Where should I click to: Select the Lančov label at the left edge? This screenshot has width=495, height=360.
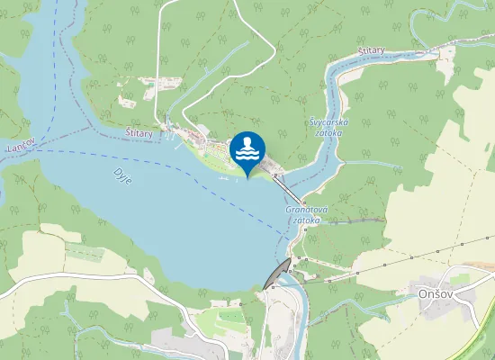(x=19, y=146)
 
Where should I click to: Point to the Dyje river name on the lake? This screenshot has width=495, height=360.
(x=122, y=175)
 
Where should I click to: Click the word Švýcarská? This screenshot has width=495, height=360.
(x=323, y=121)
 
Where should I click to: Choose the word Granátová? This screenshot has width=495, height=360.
(x=304, y=210)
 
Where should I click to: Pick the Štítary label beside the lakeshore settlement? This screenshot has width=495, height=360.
(x=139, y=132)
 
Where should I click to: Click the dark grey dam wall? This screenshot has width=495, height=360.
(x=277, y=274)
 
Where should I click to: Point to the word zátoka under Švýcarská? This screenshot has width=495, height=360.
(x=328, y=132)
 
